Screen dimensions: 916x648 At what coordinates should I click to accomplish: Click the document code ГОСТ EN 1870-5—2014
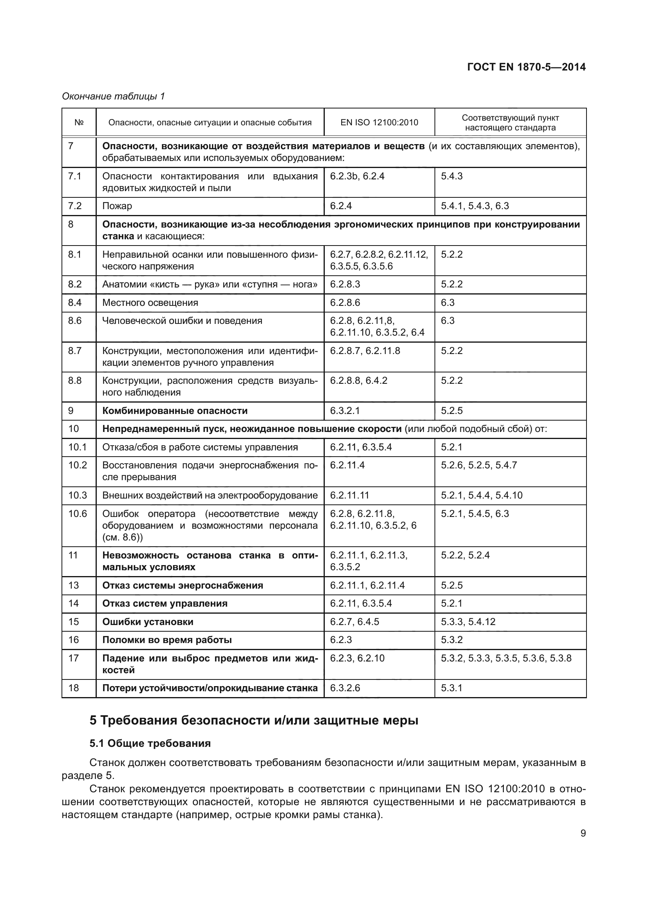click(526, 67)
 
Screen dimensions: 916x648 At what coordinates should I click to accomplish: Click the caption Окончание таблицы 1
click(113, 96)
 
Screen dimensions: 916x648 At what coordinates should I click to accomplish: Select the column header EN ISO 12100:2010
click(379, 123)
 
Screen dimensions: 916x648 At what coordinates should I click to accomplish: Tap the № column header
click(79, 123)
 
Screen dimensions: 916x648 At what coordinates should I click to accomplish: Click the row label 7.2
click(74, 206)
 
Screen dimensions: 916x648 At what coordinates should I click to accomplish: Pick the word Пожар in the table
click(117, 206)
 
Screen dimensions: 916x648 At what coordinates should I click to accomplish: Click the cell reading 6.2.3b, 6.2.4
click(357, 176)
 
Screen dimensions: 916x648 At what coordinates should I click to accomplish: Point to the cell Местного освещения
click(150, 303)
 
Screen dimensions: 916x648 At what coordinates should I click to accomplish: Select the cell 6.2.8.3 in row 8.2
click(345, 284)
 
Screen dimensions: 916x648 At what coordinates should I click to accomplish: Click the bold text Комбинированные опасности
click(175, 411)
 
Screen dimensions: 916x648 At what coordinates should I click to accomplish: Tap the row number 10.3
click(78, 495)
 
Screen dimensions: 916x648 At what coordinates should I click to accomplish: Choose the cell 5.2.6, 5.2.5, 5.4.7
click(478, 465)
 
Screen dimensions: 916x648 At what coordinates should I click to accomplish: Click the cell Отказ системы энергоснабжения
click(182, 585)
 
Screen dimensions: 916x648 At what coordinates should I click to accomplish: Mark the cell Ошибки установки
click(148, 622)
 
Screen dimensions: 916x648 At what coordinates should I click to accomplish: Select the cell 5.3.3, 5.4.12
click(468, 622)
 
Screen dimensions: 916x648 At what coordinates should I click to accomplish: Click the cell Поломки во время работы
click(167, 640)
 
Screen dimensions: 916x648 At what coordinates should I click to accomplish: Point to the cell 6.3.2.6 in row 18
click(345, 688)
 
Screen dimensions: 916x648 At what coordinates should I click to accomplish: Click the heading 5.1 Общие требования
click(150, 744)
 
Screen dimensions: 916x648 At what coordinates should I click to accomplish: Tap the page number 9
click(583, 833)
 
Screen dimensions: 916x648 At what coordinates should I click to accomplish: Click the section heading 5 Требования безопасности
click(254, 721)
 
